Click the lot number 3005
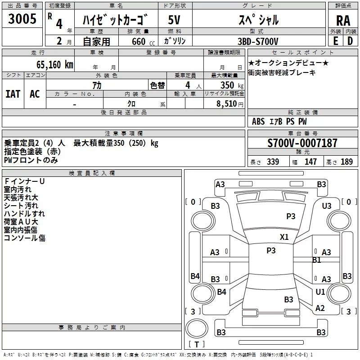22,18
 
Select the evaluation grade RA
343,21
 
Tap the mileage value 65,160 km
54,65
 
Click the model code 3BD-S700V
258,41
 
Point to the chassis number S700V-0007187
302,143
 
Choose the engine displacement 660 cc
143,41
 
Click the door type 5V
174,20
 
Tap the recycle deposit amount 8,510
227,104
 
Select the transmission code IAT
13,94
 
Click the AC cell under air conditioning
35,94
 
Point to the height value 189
346,162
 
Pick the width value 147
310,162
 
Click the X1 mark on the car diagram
284,237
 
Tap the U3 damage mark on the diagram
327,206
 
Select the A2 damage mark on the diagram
320,308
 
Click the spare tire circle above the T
197,328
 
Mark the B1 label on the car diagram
317,260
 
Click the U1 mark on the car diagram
320,292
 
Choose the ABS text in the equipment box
258,121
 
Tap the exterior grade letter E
336,41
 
